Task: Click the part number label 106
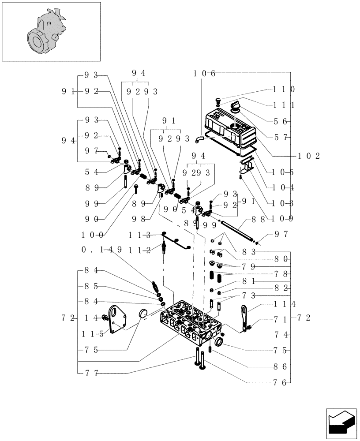click(204, 73)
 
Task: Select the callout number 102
click(309, 156)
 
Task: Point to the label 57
click(281, 138)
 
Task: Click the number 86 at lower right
click(281, 366)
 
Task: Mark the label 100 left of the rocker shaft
click(92, 235)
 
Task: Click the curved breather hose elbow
click(200, 139)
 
